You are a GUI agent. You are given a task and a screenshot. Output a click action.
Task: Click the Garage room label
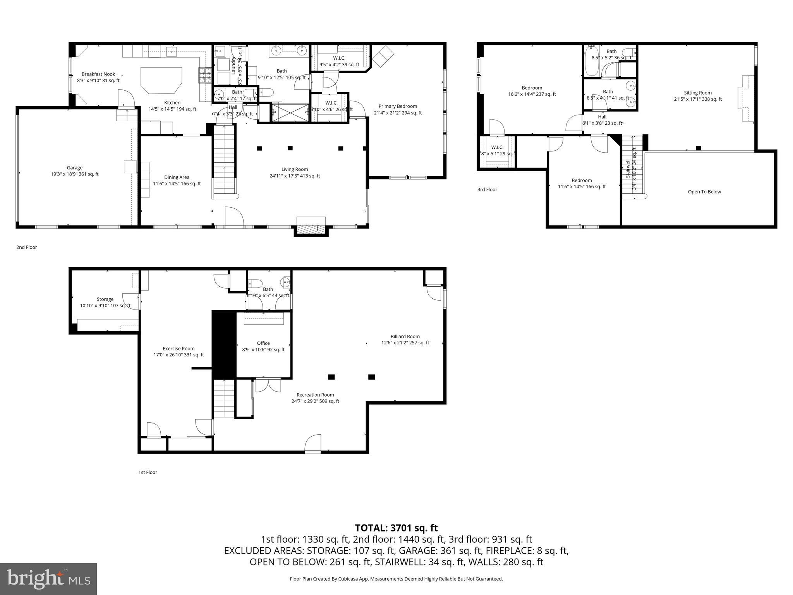[74, 171]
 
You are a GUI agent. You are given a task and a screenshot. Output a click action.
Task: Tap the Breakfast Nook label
[98, 77]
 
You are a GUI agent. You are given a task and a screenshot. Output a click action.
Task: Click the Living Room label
[295, 172]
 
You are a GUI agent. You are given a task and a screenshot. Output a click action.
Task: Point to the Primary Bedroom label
[398, 110]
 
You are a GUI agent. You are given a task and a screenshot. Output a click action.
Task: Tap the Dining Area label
[177, 181]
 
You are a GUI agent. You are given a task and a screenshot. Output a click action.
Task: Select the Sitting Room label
[698, 96]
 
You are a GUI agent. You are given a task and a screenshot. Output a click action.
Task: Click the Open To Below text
[704, 192]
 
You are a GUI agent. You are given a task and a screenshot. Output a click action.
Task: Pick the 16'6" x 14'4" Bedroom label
[532, 91]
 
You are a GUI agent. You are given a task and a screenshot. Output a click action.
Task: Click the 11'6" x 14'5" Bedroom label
[582, 183]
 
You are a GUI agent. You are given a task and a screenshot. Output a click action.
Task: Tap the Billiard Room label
[405, 339]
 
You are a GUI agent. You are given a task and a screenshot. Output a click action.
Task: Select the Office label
[263, 346]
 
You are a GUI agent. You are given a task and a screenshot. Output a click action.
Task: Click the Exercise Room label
[179, 351]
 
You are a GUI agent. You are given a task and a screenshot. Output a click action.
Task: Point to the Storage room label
[105, 302]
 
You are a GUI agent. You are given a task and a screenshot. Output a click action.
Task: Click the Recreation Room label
[315, 398]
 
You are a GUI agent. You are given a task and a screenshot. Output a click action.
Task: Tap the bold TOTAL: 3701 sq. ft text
[396, 528]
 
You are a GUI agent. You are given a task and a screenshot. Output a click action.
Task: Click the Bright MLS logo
[48, 579]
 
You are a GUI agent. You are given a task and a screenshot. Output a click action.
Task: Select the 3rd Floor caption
[487, 189]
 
